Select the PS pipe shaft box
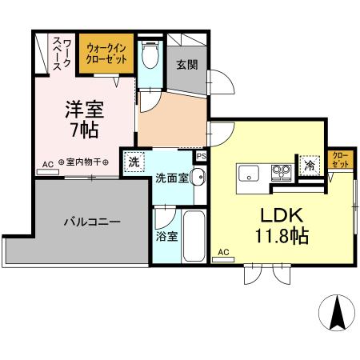click(x=201, y=157)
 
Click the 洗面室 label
click(x=172, y=177)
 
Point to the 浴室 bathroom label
click(x=166, y=238)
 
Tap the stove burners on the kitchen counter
click(x=281, y=170)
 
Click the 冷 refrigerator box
click(x=309, y=166)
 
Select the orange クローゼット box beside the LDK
click(x=340, y=159)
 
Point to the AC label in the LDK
click(x=223, y=253)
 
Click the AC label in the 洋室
click(x=48, y=163)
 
